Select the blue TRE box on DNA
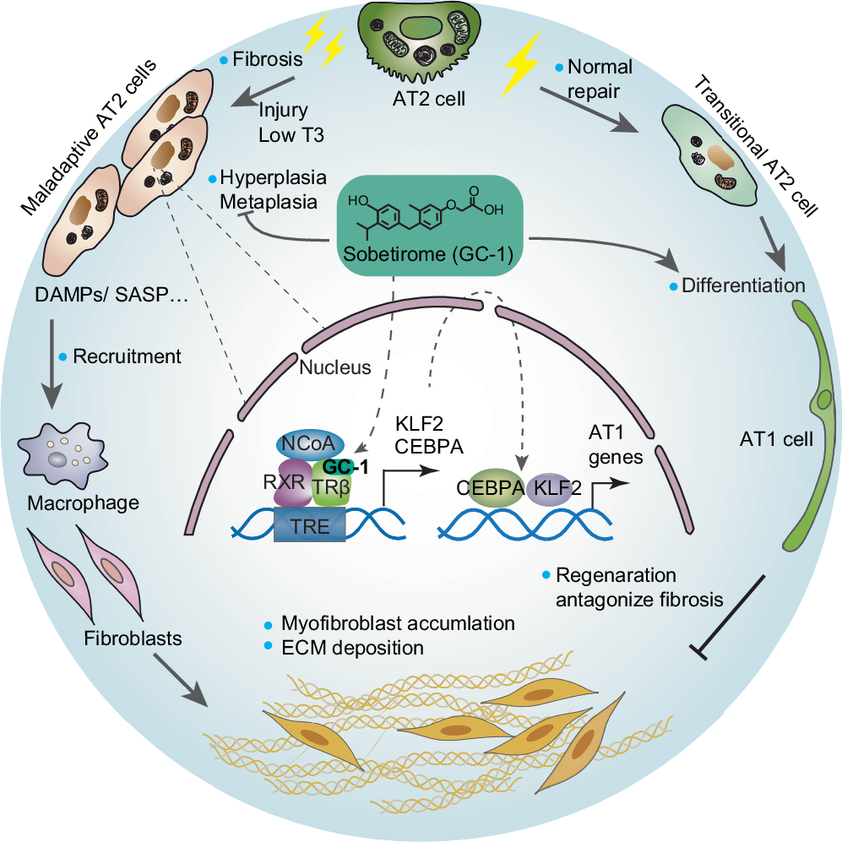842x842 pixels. pos(310,525)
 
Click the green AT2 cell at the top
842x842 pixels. pos(421,42)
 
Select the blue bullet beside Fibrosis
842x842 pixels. pos(224,60)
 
